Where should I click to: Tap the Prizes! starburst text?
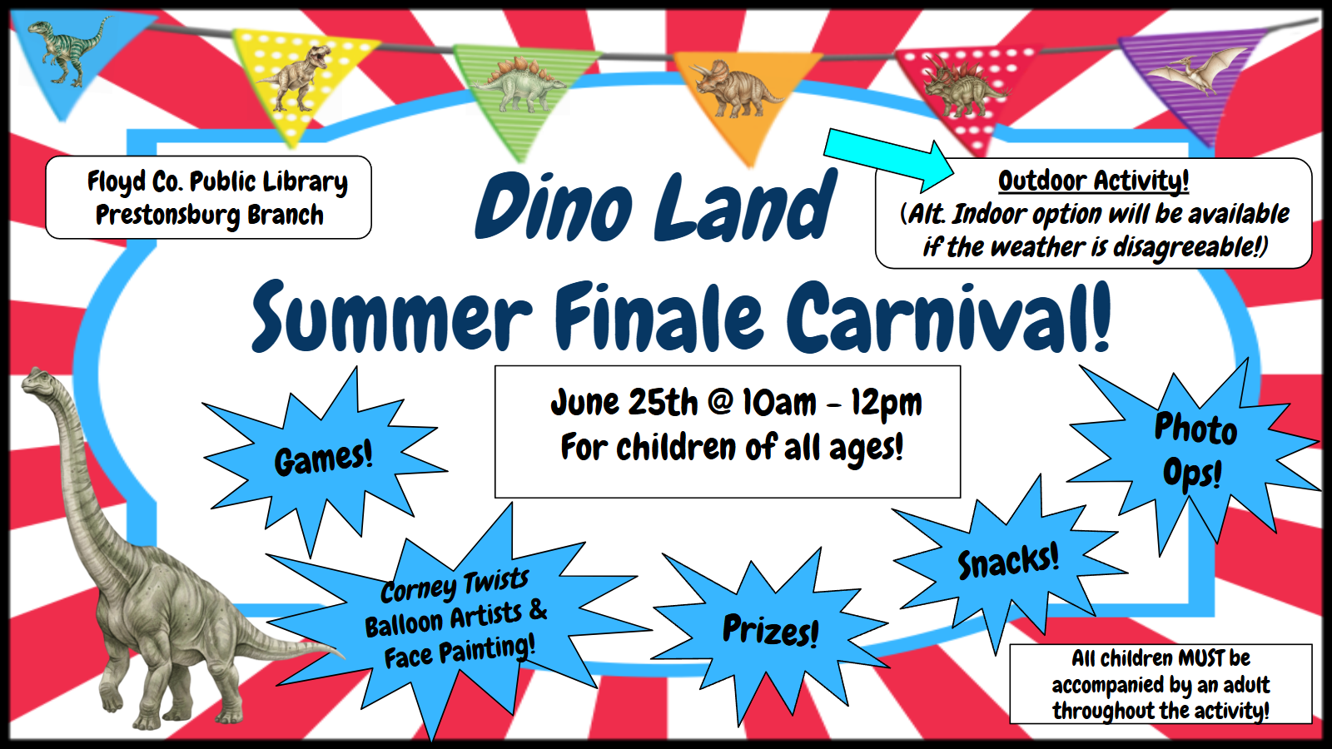771,630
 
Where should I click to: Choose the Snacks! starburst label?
1008,562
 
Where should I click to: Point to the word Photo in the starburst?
1195,428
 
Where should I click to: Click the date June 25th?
624,403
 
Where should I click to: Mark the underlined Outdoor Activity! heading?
1094,181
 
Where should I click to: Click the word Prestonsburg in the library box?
167,216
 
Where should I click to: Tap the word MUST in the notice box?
1201,658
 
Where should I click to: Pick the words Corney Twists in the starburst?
455,586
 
